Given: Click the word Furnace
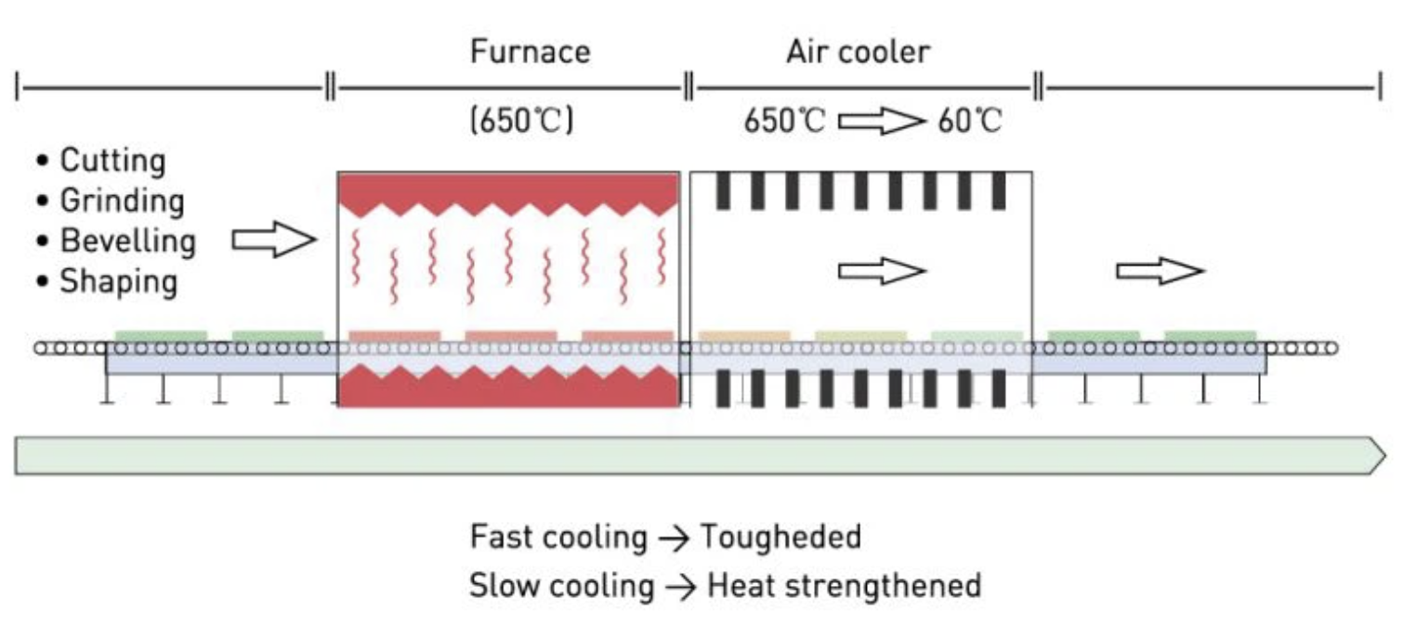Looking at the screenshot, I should [x=530, y=51].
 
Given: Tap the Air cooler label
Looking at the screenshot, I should [x=858, y=51].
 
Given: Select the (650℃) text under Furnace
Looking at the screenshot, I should [x=521, y=122].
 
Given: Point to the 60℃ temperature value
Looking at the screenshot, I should [x=969, y=122].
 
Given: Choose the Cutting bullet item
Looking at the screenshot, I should [x=111, y=161].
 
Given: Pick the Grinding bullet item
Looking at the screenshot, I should [x=121, y=201].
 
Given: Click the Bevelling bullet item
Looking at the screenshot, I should [x=127, y=240].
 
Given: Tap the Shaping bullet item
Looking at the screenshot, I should [x=118, y=281].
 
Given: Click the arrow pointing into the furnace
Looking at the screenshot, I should [x=274, y=240].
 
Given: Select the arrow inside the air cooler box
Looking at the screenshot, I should [x=882, y=270].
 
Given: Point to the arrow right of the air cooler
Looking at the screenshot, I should [x=1160, y=270].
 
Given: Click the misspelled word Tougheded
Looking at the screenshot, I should [x=780, y=537].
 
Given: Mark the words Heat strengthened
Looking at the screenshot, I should [x=844, y=586].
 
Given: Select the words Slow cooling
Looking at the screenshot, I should [x=561, y=586].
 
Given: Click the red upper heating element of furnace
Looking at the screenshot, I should [x=508, y=191].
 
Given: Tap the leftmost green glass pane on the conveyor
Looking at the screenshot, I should [x=161, y=335].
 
